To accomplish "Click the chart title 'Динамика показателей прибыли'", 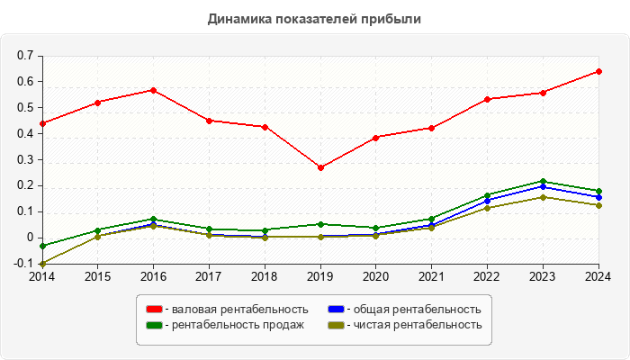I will (x=314, y=18).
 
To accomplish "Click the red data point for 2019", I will (x=320, y=167).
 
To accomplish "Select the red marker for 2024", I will (x=598, y=71).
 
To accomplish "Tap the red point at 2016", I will (x=153, y=90).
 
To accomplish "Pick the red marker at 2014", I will (x=42, y=123).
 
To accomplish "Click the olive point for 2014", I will (x=42, y=264).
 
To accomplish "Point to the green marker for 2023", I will (x=543, y=181).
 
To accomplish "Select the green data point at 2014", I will (x=42, y=246).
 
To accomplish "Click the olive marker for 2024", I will (x=598, y=205).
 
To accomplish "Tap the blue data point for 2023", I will (x=543, y=186).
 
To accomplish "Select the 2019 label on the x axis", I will (x=320, y=276).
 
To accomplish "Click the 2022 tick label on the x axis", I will (x=487, y=276).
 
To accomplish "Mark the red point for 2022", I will (x=487, y=99).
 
